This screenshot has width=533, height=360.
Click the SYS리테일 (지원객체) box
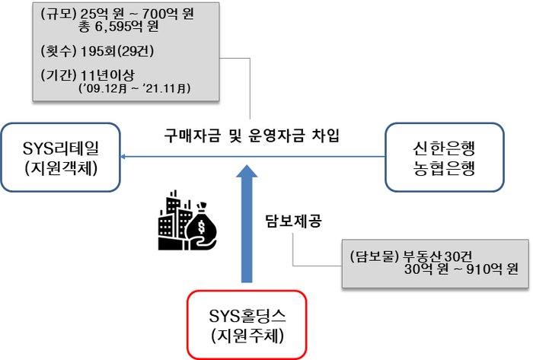click(x=62, y=157)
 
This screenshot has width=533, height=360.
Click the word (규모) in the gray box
click(x=57, y=14)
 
